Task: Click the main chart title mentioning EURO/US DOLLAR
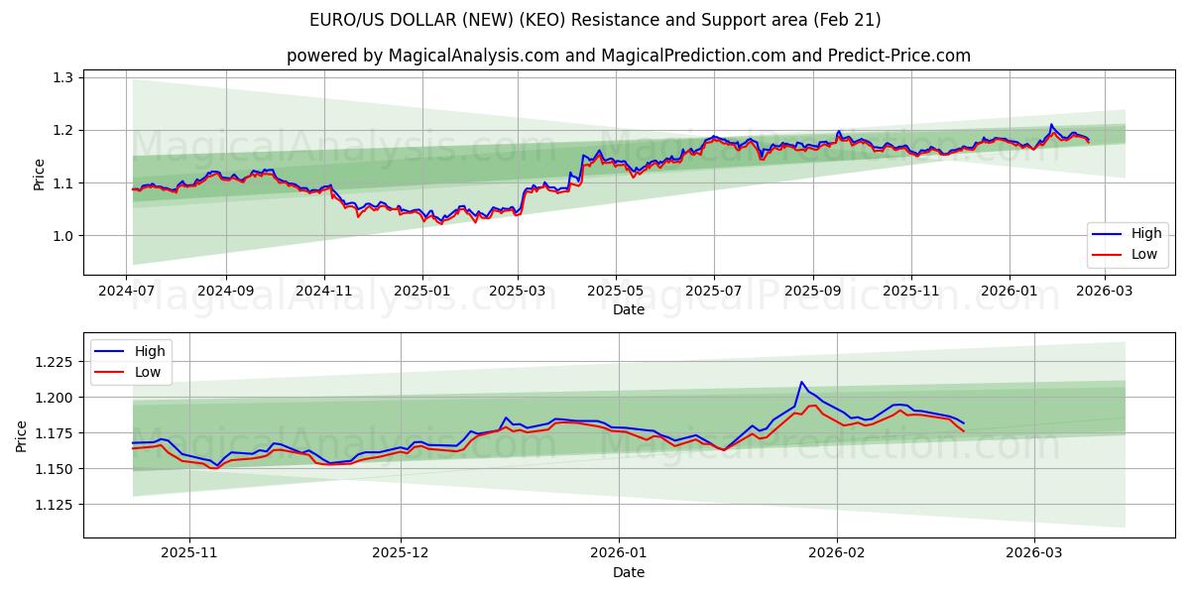point(595,20)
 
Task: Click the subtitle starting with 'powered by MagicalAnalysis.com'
point(629,56)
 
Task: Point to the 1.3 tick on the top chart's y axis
point(62,77)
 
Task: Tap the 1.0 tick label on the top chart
point(62,236)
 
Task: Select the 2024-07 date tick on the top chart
point(127,292)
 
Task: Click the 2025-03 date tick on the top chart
point(518,292)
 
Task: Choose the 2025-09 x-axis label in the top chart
point(812,292)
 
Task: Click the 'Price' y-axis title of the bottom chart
point(23,435)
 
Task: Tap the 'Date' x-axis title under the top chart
point(629,309)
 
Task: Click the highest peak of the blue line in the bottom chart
point(801,382)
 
